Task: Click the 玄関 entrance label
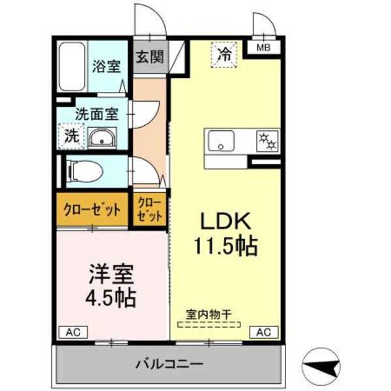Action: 149,57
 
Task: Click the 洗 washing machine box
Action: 70,137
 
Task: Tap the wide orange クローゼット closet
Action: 92,210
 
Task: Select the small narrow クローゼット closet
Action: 149,210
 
